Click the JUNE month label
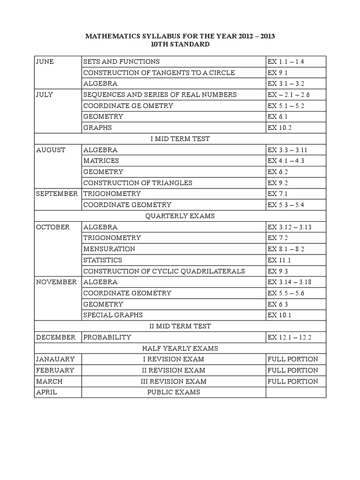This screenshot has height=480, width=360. click(45, 61)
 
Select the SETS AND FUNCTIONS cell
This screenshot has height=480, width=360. click(121, 61)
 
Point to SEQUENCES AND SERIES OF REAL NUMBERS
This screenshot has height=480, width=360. click(159, 95)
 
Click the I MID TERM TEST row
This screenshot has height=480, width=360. click(180, 139)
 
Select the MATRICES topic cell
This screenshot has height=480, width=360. click(101, 161)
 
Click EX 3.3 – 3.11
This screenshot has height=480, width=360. click(290, 150)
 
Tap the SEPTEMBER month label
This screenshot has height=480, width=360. click(56, 194)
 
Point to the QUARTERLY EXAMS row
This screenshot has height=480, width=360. click(180, 216)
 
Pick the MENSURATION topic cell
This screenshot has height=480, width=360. click(109, 249)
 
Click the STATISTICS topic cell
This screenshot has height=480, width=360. click(102, 260)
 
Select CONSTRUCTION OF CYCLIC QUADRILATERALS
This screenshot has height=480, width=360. click(164, 271)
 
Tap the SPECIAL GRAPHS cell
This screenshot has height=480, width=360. click(112, 315)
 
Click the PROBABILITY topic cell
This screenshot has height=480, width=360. click(107, 337)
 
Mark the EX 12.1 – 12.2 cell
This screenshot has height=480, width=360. click(290, 337)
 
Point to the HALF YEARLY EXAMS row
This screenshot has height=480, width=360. click(180, 348)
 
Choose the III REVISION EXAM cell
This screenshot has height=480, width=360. click(173, 382)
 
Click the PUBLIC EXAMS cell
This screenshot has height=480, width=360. click(173, 392)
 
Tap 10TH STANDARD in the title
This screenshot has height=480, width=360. click(180, 45)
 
